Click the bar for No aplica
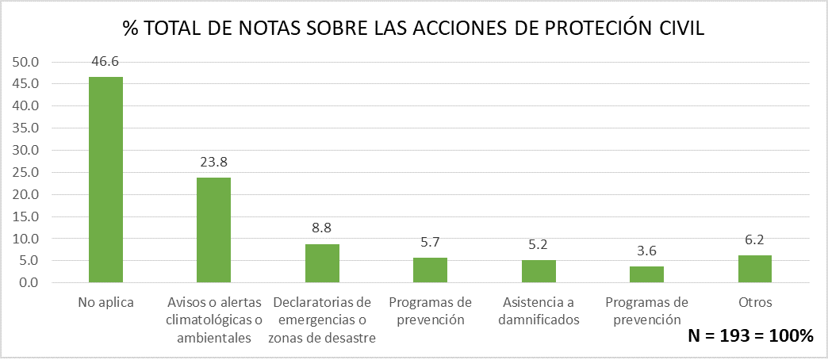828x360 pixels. tap(105, 180)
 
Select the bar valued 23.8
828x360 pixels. tap(213, 230)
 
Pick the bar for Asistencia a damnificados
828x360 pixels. tap(539, 271)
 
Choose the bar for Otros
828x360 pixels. tap(755, 269)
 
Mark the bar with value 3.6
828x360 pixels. tap(646, 274)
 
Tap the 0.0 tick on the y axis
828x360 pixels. tap(29, 283)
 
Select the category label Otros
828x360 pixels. tap(755, 302)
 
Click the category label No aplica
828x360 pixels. tap(105, 302)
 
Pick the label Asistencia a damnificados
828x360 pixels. tap(539, 311)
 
